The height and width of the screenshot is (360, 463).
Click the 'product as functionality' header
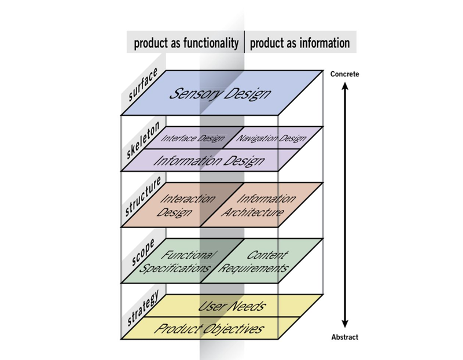tap(186, 43)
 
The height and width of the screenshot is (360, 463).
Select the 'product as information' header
tap(300, 43)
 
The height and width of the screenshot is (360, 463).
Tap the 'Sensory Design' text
tap(220, 93)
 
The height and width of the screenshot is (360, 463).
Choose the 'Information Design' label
tap(209, 161)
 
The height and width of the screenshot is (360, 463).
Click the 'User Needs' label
tap(231, 306)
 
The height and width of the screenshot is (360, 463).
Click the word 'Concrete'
tap(344, 74)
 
